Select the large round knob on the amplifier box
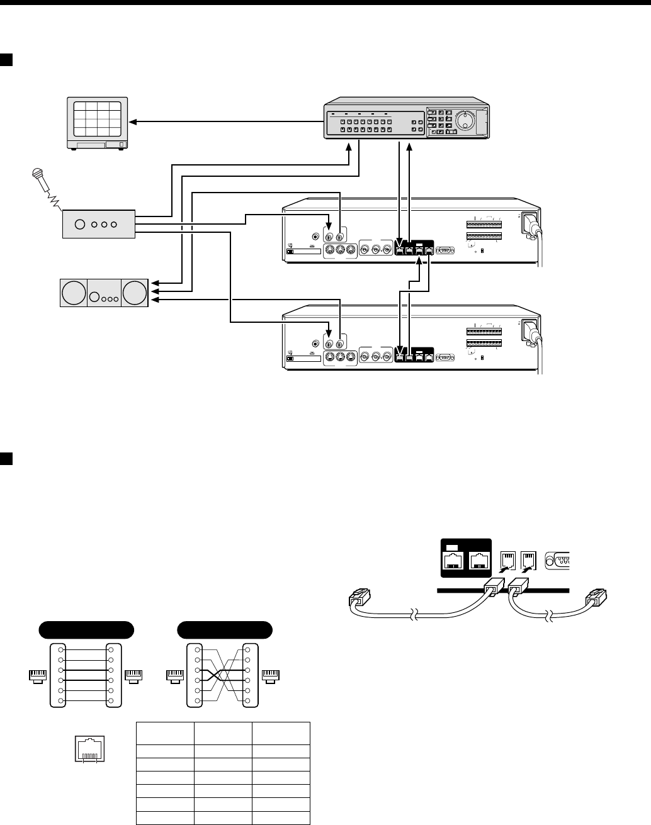click(80, 224)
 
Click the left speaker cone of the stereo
click(73, 293)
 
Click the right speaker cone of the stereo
click(134, 293)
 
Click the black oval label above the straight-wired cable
click(86, 629)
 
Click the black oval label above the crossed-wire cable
click(225, 629)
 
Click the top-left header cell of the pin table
click(165, 733)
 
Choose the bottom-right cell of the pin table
click(281, 818)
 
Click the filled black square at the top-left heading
click(6, 60)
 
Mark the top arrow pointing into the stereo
click(154, 283)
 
